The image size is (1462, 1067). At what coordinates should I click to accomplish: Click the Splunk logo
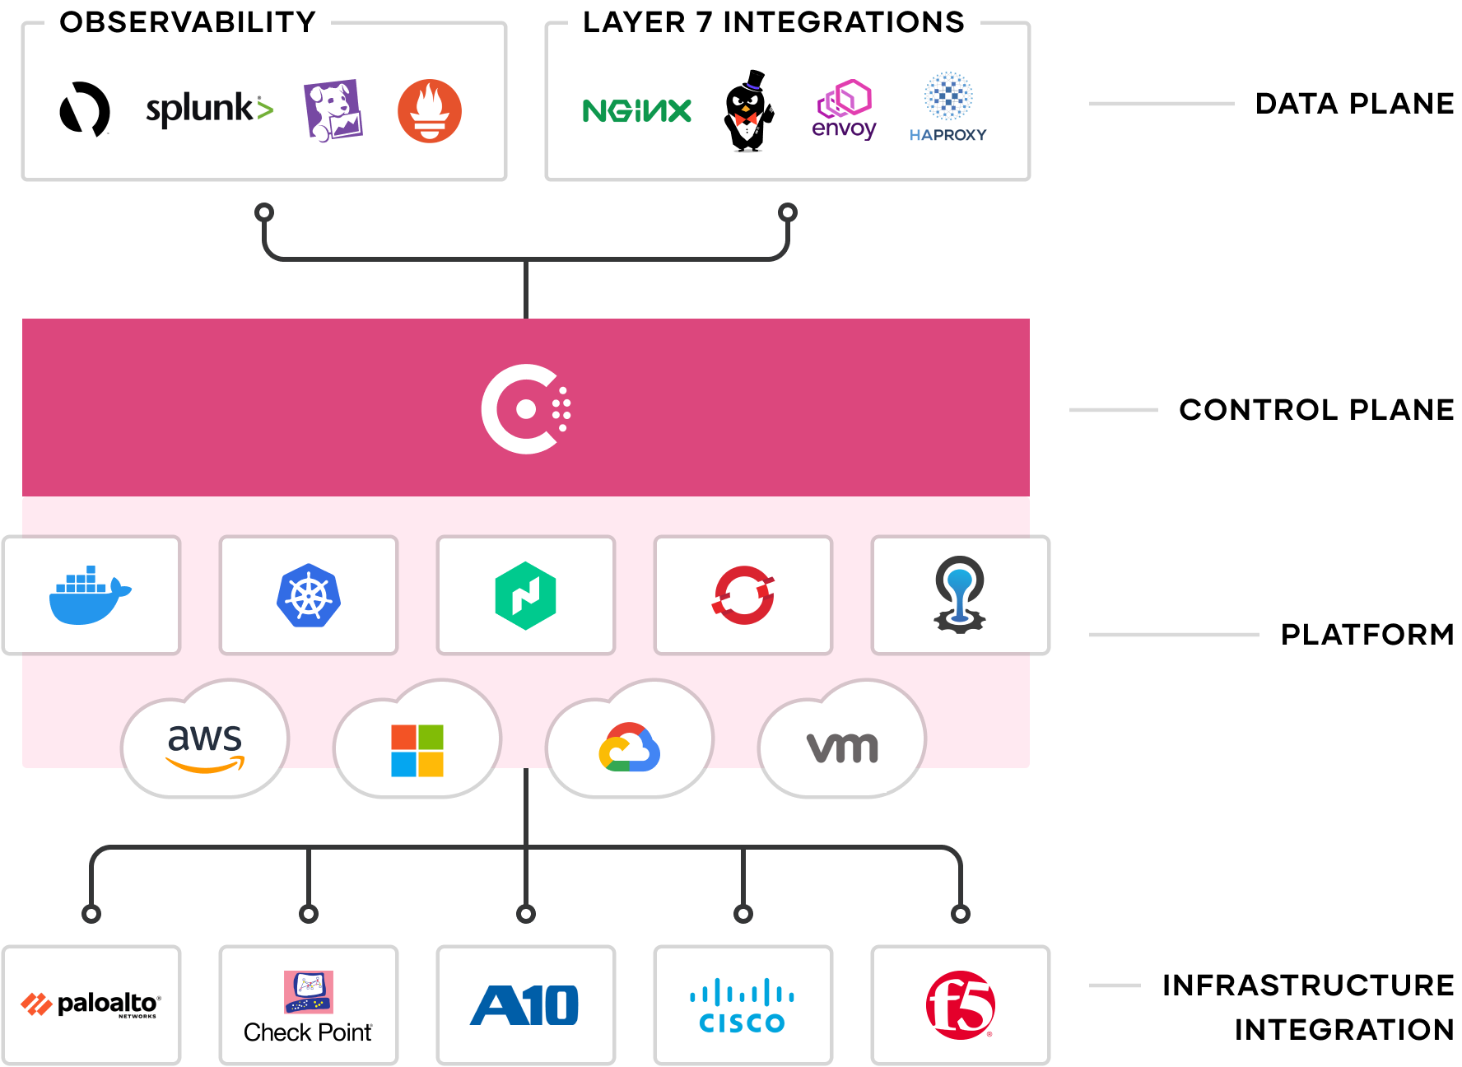tap(209, 109)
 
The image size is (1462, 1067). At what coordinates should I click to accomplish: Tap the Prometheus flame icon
tap(430, 111)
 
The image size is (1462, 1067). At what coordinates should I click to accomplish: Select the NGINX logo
tap(636, 111)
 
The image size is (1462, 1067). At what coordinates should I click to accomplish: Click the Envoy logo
tap(844, 109)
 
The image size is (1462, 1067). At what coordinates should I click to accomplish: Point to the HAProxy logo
tap(948, 108)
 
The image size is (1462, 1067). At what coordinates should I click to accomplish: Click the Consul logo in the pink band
tap(526, 409)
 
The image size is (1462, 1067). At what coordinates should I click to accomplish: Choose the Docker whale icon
tap(90, 595)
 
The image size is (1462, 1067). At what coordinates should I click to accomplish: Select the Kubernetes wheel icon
tap(309, 595)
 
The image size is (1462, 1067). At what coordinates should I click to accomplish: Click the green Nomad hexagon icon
tap(525, 596)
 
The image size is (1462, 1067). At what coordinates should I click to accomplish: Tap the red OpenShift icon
tap(743, 595)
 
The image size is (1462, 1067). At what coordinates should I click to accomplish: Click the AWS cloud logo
tap(205, 746)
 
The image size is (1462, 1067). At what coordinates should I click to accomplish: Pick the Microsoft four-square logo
tap(417, 750)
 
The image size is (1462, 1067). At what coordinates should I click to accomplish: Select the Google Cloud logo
tap(630, 748)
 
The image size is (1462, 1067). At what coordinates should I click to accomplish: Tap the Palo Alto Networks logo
tap(91, 1004)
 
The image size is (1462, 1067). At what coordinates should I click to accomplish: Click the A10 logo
tap(525, 1005)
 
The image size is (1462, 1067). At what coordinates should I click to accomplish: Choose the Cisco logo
tap(743, 1005)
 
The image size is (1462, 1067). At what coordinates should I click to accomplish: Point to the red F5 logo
tap(961, 1005)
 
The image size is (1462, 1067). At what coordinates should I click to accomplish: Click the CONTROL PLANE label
tap(1315, 409)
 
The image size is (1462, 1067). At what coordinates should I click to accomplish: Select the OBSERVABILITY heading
tap(188, 22)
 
